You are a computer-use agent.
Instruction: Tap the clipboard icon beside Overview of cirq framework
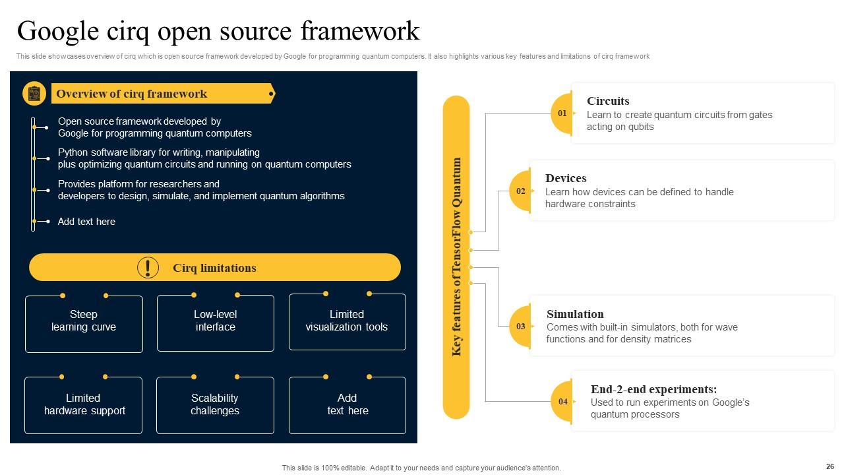(x=34, y=94)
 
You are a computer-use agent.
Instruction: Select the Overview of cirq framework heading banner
(x=162, y=94)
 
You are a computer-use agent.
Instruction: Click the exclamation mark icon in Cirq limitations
(x=148, y=267)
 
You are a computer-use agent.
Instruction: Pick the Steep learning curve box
(x=84, y=323)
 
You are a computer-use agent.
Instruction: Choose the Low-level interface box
(x=215, y=323)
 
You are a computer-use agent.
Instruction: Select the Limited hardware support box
(x=84, y=405)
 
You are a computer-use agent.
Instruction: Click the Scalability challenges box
(x=215, y=405)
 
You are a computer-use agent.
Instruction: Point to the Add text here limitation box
(x=347, y=405)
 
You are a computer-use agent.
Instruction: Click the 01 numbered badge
(x=562, y=113)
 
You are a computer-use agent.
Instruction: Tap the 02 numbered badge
(x=521, y=191)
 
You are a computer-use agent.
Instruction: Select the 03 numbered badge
(x=521, y=326)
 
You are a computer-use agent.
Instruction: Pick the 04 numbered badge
(x=562, y=402)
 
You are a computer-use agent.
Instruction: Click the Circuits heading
(x=608, y=101)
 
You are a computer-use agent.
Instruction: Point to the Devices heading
(x=566, y=178)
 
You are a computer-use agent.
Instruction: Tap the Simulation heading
(x=575, y=314)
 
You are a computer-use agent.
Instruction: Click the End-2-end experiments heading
(x=653, y=389)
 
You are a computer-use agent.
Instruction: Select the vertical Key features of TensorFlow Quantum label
(x=456, y=257)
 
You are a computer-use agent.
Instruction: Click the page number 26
(x=829, y=466)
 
